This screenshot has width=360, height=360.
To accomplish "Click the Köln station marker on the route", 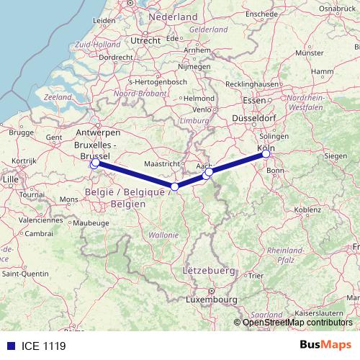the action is pyautogui.click(x=266, y=153).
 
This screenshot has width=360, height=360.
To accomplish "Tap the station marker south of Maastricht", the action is pyautogui.click(x=174, y=186).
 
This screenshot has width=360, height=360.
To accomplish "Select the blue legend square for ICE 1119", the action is pyautogui.click(x=8, y=346).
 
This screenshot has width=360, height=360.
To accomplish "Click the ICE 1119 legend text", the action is pyautogui.click(x=40, y=346).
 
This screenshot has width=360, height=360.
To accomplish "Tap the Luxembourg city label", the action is pyautogui.click(x=211, y=298).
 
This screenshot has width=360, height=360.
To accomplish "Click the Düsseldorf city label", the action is pyautogui.click(x=253, y=117).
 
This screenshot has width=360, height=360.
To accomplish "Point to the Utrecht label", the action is pyautogui.click(x=145, y=41).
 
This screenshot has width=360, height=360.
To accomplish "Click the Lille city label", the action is pyautogui.click(x=10, y=178).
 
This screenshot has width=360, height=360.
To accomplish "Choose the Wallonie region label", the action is pyautogui.click(x=163, y=235).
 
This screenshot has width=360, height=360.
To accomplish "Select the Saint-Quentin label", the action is pyautogui.click(x=25, y=274).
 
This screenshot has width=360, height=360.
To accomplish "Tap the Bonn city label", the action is pyautogui.click(x=276, y=170).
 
